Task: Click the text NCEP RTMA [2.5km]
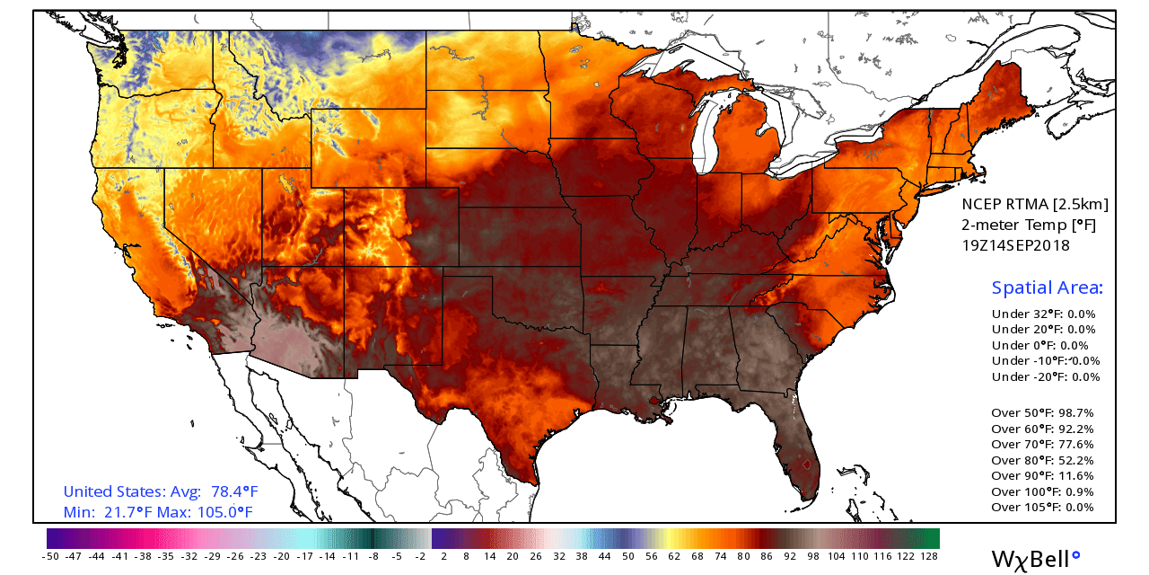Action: [x=1035, y=204]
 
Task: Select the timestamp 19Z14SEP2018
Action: [x=1015, y=244]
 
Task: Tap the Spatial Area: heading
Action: [x=1047, y=287]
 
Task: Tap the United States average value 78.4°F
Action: [x=234, y=492]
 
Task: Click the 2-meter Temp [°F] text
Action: [x=1029, y=225]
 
